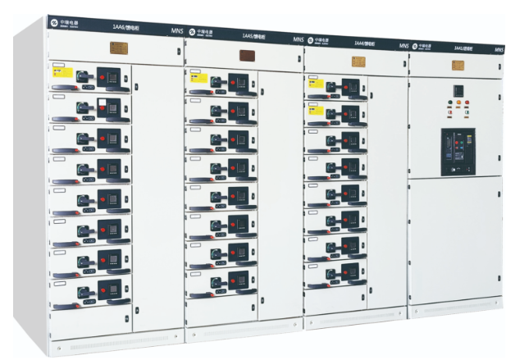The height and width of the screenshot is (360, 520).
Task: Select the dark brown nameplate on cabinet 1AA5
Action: (x=245, y=56)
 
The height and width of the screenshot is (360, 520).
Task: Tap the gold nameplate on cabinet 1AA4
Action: (x=358, y=60)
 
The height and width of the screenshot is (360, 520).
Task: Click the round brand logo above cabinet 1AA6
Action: (x=53, y=18)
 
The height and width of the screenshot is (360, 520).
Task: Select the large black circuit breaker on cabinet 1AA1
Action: (x=456, y=152)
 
